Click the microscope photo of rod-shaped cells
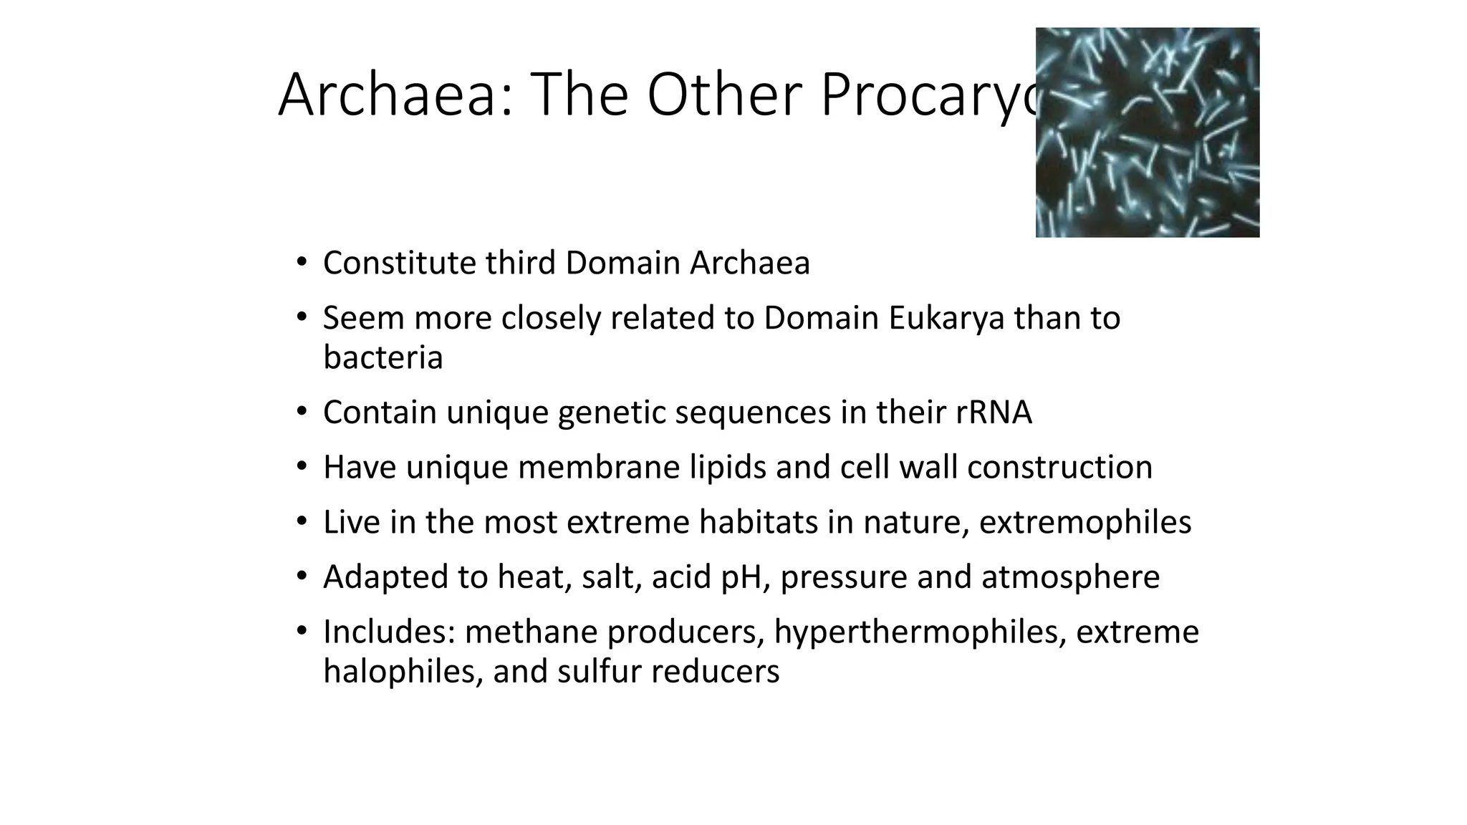coord(1147,132)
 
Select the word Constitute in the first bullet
coord(399,263)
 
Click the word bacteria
coord(383,357)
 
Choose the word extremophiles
coord(1084,522)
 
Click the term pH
coord(745,577)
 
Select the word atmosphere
coord(1070,577)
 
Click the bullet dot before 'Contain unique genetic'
coord(302,412)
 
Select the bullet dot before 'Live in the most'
coord(302,521)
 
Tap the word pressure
coord(844,577)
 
